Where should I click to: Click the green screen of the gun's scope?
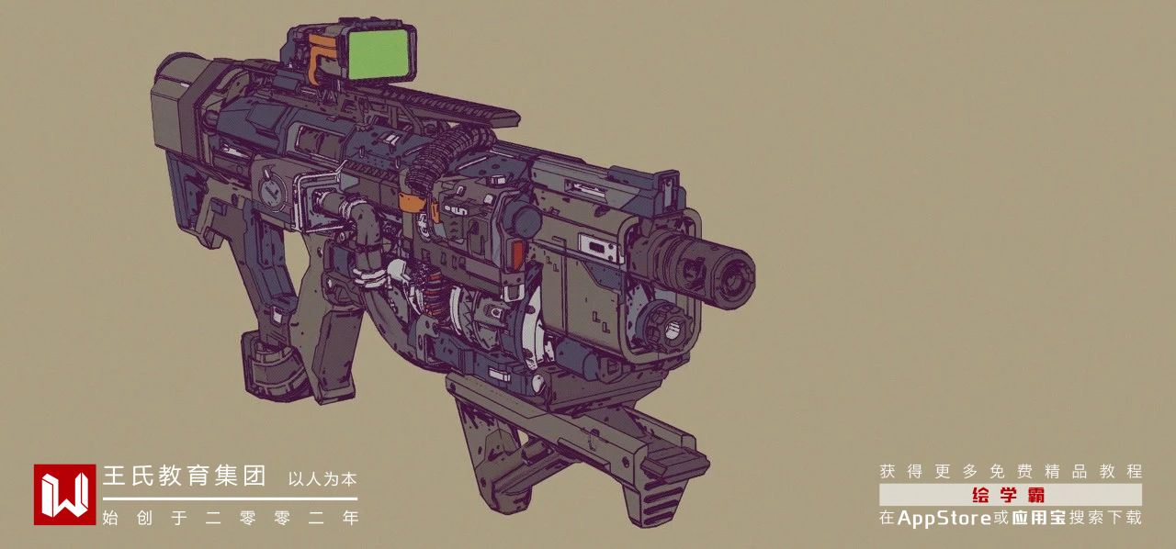pyautogui.click(x=379, y=54)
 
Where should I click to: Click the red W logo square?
pyautogui.click(x=64, y=495)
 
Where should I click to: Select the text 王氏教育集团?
pyautogui.click(x=185, y=476)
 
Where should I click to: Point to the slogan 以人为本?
pyautogui.click(x=322, y=479)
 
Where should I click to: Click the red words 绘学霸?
pyautogui.click(x=1009, y=495)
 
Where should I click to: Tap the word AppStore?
pyautogui.click(x=944, y=518)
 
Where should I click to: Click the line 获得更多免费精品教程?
pyautogui.click(x=1011, y=471)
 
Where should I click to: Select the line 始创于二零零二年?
pyautogui.click(x=231, y=518)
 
